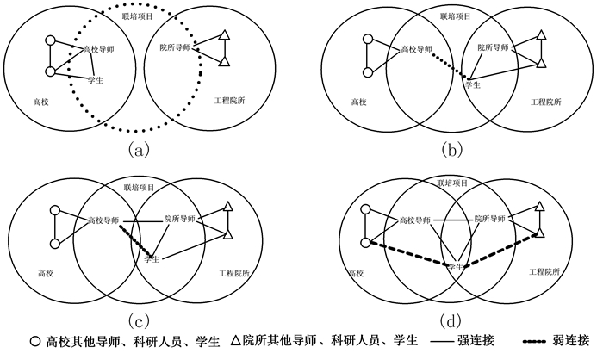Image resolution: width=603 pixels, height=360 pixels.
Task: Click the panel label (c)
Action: point(140,320)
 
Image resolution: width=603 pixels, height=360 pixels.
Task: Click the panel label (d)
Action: point(451,320)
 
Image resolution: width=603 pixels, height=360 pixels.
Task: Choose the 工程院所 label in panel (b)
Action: point(544,102)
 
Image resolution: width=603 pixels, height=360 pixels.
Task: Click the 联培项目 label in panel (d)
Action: point(452,183)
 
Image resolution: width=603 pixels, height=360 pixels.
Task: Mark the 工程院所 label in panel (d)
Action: point(544,272)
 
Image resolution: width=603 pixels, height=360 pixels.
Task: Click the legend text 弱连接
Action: point(570,341)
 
